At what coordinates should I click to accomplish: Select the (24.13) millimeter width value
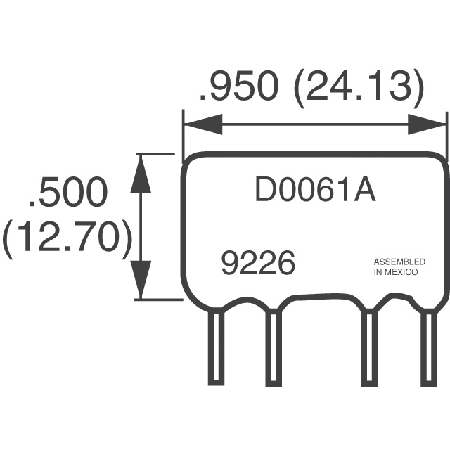coord(359,87)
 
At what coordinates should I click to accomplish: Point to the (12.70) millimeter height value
coord(67,238)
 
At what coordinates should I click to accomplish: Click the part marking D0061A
coord(314,191)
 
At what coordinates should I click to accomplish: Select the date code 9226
coord(257,264)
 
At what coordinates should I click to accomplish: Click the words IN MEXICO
coord(396,271)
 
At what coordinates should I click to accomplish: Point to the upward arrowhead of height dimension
coord(142,173)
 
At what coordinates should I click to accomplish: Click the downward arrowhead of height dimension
coord(142,280)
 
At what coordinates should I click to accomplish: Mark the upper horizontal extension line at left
coord(155,153)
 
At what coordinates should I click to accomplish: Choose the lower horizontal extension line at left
coord(155,300)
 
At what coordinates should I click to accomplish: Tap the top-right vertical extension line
coord(447,134)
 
